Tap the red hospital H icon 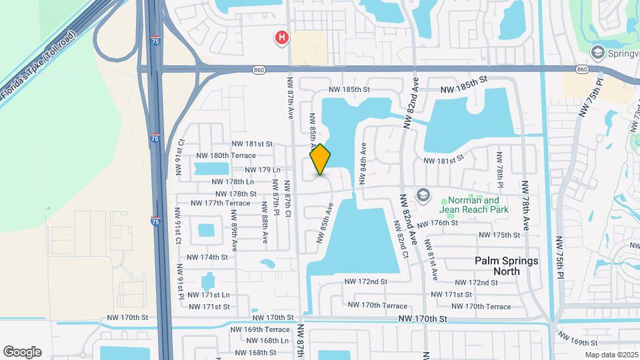click(x=283, y=38)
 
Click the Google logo click(x=22, y=352)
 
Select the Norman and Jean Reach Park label click(x=473, y=205)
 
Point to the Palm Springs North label click(x=506, y=266)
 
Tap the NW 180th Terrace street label click(x=233, y=155)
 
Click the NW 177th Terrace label click(x=220, y=203)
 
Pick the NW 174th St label click(x=207, y=257)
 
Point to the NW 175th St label click(x=499, y=235)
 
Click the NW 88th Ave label click(x=265, y=227)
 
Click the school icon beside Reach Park click(x=422, y=195)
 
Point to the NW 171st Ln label click(x=208, y=295)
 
